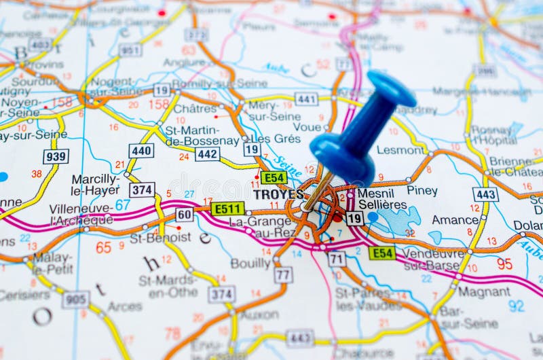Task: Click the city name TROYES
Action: click(278, 194)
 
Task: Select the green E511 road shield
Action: click(227, 209)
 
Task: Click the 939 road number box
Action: click(56, 156)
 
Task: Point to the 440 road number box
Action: click(141, 151)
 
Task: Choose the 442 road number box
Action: click(207, 154)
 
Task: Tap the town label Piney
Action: click(422, 191)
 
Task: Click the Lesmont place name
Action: click(400, 150)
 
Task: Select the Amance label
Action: click(455, 220)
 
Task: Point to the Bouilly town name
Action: click(250, 263)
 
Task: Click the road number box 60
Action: click(184, 215)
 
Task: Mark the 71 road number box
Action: click(336, 259)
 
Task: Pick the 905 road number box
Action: click(75, 299)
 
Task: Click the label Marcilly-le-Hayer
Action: click(95, 185)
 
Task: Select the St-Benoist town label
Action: click(160, 238)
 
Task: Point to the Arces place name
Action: click(125, 307)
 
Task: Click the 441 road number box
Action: click(306, 99)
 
